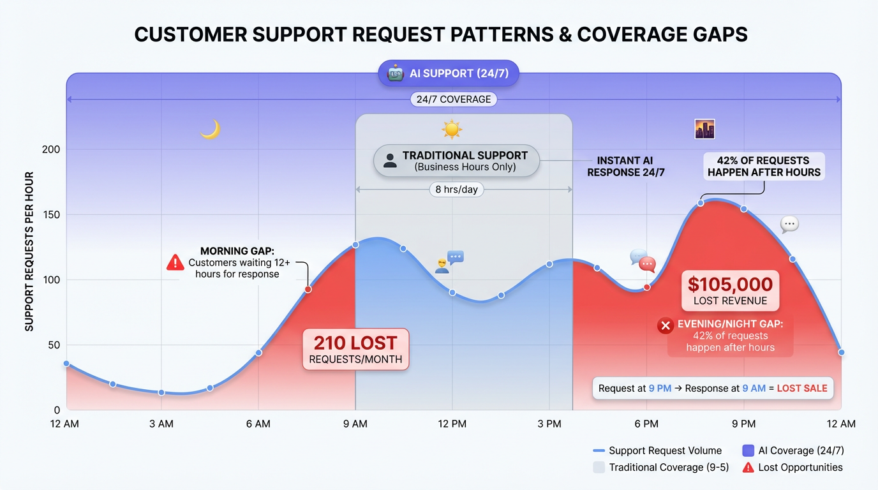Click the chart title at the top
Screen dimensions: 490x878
pyautogui.click(x=440, y=34)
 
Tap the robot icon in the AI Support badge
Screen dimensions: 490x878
pyautogui.click(x=396, y=73)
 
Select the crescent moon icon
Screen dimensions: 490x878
pyautogui.click(x=210, y=130)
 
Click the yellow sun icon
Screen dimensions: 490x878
pyautogui.click(x=452, y=130)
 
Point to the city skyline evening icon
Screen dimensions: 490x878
pyautogui.click(x=704, y=129)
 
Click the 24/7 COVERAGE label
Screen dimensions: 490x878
pyautogui.click(x=453, y=100)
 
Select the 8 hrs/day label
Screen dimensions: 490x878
pyautogui.click(x=456, y=189)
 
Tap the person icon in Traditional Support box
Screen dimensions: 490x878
pyautogui.click(x=390, y=161)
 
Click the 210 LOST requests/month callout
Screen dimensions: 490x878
pyautogui.click(x=355, y=350)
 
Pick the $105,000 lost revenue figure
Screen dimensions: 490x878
pyautogui.click(x=730, y=285)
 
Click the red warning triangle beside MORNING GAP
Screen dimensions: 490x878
pyautogui.click(x=175, y=262)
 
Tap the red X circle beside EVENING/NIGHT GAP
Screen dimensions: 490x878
pyautogui.click(x=666, y=326)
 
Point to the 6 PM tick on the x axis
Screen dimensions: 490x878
pyautogui.click(x=646, y=424)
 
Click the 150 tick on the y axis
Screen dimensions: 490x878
pyautogui.click(x=51, y=215)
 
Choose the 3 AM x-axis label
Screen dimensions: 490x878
pyautogui.click(x=161, y=424)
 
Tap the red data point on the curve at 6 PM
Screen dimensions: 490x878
pyautogui.click(x=647, y=287)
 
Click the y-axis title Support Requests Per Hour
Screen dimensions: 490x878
pyautogui.click(x=29, y=251)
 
